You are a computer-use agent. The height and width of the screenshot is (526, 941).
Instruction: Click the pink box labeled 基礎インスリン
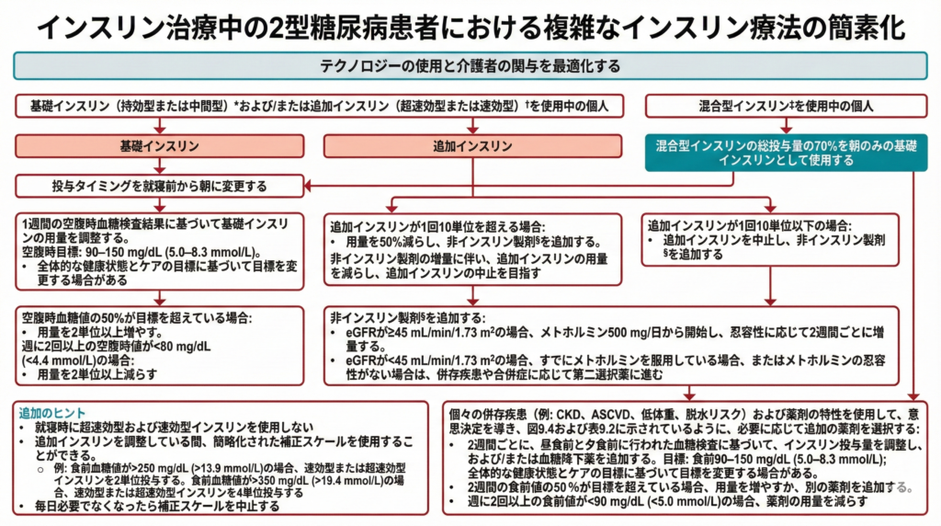point(160,146)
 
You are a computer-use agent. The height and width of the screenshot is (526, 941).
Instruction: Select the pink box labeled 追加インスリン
point(472,146)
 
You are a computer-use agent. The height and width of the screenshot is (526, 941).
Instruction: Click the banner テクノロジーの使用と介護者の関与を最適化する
point(470,66)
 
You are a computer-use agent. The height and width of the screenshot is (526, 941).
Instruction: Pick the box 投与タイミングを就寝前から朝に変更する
point(160,187)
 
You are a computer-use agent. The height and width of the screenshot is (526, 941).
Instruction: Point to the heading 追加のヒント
point(43,415)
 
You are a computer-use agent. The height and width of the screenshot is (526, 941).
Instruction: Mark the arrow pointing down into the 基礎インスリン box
point(160,129)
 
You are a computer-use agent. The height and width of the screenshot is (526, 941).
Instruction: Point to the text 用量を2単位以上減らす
point(101,375)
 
